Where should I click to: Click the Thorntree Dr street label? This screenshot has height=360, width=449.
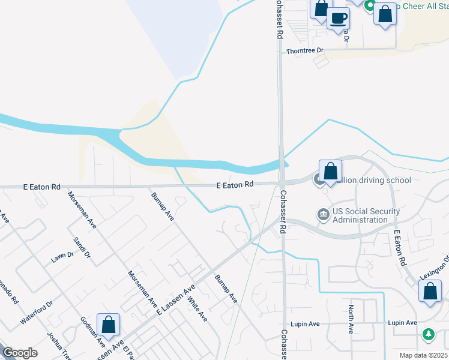[304, 52]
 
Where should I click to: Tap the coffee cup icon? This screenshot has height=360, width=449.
[339, 18]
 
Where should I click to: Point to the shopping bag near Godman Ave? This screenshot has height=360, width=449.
[108, 325]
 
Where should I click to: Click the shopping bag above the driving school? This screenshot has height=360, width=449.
[330, 171]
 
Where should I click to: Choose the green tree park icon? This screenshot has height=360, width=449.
[429, 334]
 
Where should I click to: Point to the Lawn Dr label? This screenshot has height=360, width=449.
[62, 257]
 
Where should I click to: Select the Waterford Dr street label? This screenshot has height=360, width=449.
[37, 312]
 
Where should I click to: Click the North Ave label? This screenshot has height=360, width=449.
[351, 319]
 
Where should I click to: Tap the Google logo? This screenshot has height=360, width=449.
[20, 353]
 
